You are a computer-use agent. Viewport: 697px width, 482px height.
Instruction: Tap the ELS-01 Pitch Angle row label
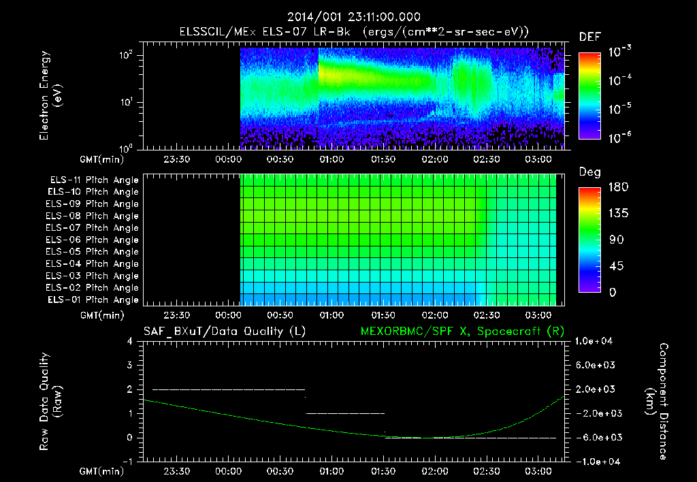(x=93, y=300)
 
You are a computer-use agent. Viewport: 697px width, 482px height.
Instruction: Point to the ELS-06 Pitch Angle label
(x=93, y=240)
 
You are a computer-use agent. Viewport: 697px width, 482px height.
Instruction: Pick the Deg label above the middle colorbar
(x=589, y=172)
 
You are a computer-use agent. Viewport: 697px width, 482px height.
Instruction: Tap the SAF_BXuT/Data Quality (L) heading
(x=224, y=332)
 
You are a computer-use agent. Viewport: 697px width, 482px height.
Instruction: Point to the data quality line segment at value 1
(x=346, y=413)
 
